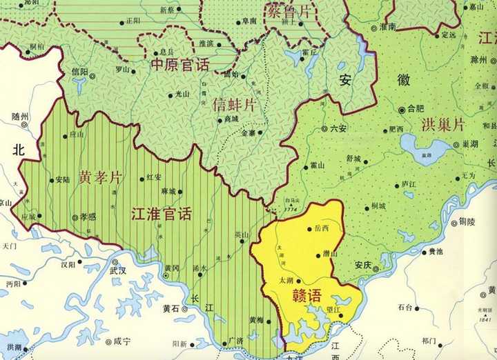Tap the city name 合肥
(416, 108)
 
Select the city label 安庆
(363, 264)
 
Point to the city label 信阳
(80, 72)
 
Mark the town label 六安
(338, 128)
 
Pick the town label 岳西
(321, 228)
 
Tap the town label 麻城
(167, 192)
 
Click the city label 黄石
(170, 309)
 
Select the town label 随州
(21, 117)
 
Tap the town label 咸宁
(121, 341)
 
